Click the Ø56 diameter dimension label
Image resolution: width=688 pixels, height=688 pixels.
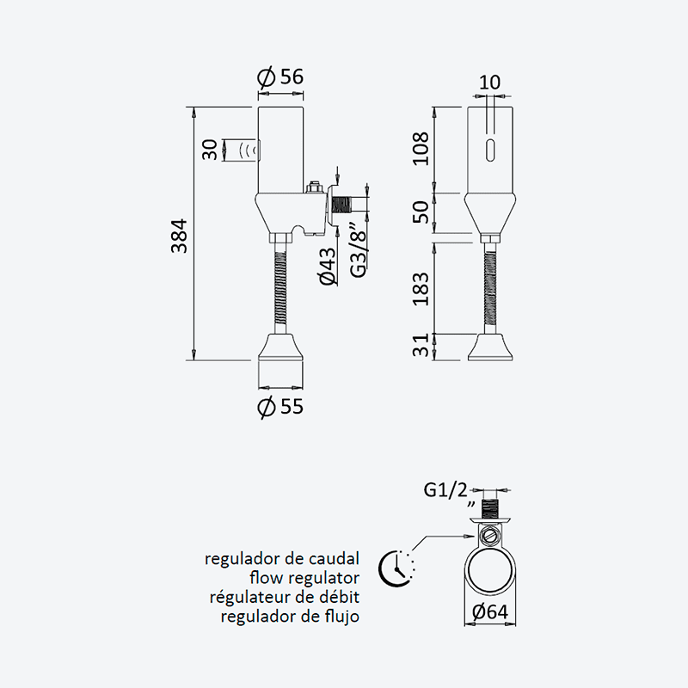click(280, 77)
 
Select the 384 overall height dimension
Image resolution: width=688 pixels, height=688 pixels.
click(180, 236)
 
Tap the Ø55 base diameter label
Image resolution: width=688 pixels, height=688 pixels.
click(280, 407)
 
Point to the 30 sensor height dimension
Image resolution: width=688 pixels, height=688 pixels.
click(210, 150)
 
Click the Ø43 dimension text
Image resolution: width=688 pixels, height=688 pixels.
click(328, 267)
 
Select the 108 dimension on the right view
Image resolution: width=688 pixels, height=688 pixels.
click(421, 148)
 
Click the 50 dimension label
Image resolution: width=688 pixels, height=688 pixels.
click(421, 212)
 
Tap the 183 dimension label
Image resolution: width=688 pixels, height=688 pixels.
click(421, 289)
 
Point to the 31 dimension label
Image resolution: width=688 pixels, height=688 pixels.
click(421, 346)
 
